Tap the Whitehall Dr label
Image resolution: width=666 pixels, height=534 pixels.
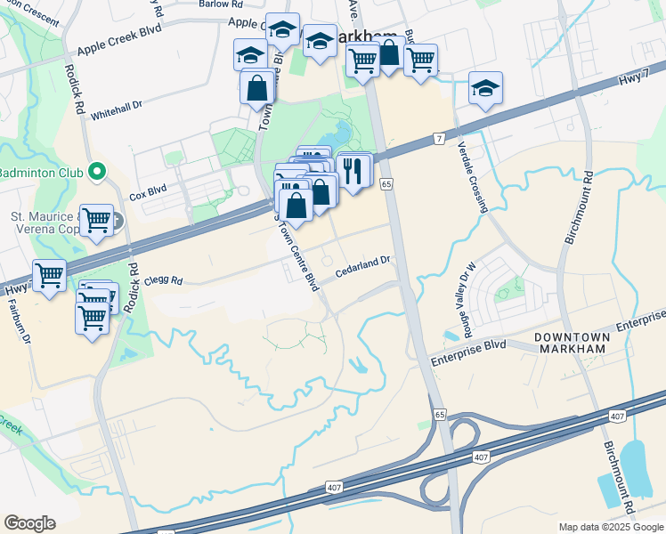point(116,107)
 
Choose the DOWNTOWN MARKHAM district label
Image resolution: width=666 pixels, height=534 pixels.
point(571,343)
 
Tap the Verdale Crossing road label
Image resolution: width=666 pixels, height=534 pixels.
point(472,178)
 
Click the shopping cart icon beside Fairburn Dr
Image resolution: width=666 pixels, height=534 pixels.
point(50,275)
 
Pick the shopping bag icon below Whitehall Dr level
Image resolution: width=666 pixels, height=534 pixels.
point(257,89)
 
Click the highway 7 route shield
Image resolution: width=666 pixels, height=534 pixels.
point(439,138)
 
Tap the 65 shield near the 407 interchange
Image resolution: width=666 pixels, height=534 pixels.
point(440,415)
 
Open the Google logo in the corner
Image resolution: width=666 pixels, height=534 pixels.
point(29,523)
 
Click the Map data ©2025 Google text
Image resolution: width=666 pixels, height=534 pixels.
point(611,527)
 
